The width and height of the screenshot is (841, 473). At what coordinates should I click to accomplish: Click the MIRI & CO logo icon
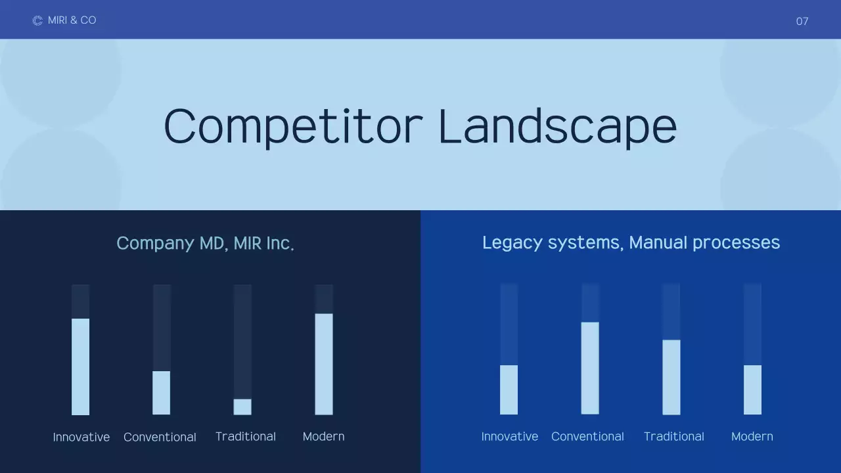(37, 20)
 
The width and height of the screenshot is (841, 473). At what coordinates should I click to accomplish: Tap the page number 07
(802, 21)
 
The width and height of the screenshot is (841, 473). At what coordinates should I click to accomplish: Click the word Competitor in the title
(292, 126)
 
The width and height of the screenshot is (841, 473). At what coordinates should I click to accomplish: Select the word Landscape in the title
(557, 126)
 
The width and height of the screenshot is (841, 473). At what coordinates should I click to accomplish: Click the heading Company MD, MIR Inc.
(205, 243)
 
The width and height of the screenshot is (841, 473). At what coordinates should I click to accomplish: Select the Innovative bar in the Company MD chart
(80, 367)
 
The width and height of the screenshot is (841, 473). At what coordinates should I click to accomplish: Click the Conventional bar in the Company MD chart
(161, 393)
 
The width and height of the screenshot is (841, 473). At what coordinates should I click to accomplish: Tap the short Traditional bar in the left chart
(242, 407)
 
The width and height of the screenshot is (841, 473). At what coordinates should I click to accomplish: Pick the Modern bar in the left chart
(323, 364)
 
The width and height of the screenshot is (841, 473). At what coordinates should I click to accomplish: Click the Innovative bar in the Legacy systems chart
(509, 390)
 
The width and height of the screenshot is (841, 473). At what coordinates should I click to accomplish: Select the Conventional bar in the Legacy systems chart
(589, 368)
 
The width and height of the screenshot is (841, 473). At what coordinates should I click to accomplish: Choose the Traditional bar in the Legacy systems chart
(671, 377)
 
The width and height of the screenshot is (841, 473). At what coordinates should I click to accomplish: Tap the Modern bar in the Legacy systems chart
(752, 390)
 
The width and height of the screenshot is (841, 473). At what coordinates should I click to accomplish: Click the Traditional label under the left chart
(245, 436)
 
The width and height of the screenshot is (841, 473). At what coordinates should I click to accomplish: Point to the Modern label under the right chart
(752, 436)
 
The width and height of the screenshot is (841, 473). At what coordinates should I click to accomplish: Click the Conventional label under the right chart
(587, 436)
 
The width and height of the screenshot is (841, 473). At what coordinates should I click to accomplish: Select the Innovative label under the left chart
(81, 437)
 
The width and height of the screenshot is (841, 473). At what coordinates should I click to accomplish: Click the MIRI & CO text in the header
(72, 20)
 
